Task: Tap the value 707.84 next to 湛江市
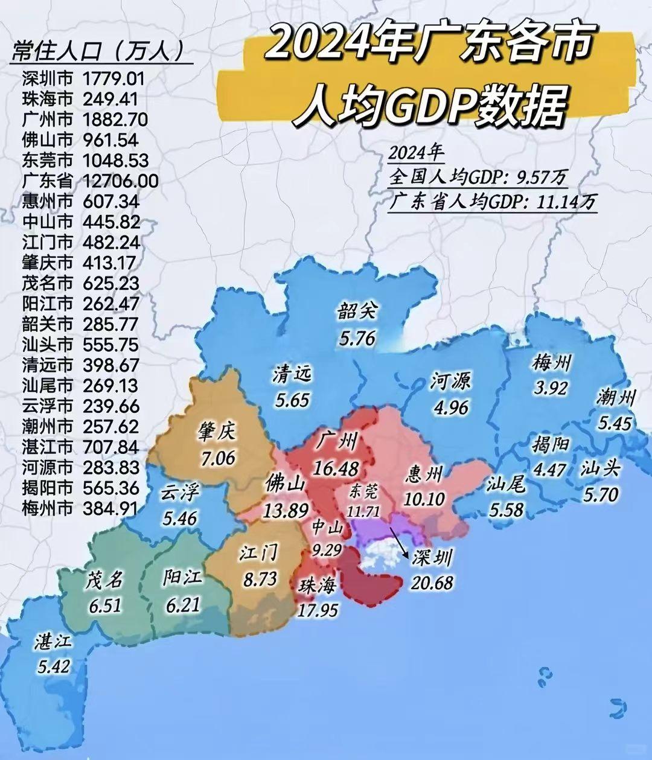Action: pyautogui.click(x=110, y=447)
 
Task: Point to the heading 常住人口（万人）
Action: pyautogui.click(x=98, y=53)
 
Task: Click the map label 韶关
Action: pyautogui.click(x=357, y=312)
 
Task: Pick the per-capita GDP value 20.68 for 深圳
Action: pyautogui.click(x=432, y=583)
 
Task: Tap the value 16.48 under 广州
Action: pyautogui.click(x=336, y=468)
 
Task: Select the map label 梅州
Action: pyautogui.click(x=551, y=364)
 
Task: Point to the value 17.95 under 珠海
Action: pyautogui.click(x=318, y=610)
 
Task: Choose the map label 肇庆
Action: pyautogui.click(x=217, y=433)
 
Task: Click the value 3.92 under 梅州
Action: pyautogui.click(x=550, y=388)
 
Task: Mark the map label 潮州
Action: pyautogui.click(x=616, y=398)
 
